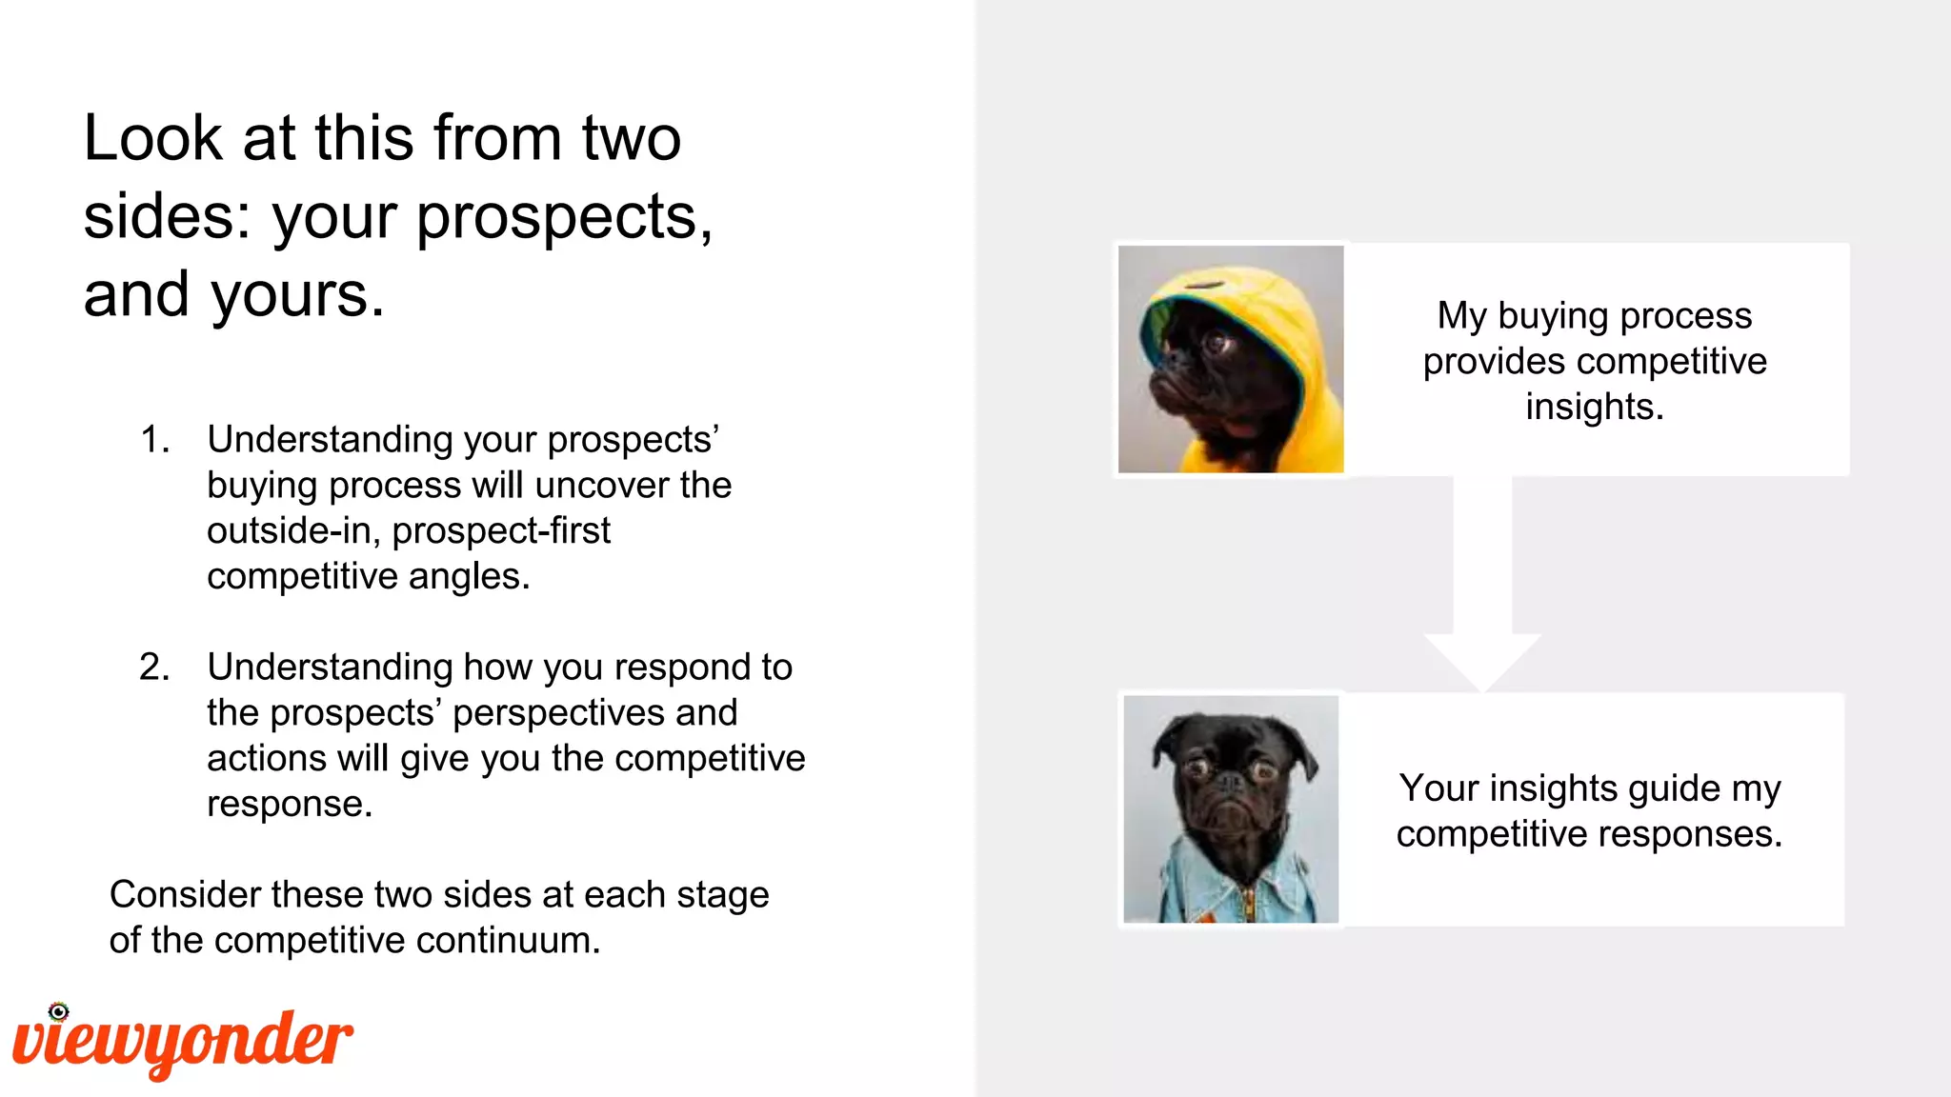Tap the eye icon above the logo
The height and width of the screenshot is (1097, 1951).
[x=59, y=1011]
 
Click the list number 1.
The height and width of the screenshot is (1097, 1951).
[x=154, y=440]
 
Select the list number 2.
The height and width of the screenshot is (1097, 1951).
[x=154, y=668]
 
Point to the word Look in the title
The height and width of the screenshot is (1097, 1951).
[x=152, y=139]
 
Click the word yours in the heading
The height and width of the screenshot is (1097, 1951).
[x=297, y=295]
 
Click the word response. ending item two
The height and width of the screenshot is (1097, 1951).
[x=290, y=805]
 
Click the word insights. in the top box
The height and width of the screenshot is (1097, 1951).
[x=1594, y=408]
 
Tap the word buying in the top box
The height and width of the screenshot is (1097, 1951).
[x=1553, y=316]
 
